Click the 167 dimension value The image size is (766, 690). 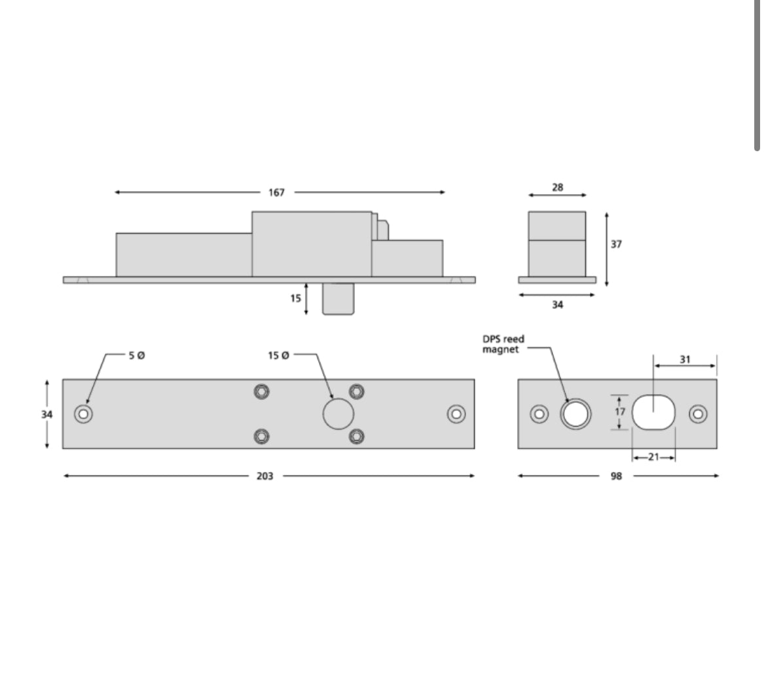[276, 192]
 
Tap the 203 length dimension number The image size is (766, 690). [264, 476]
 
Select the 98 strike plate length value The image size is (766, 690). [616, 476]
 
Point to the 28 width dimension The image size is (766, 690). [557, 187]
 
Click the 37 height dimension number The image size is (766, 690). [616, 244]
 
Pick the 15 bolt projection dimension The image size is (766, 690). [296, 298]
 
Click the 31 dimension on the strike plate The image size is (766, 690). [685, 359]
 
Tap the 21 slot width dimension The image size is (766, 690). [653, 457]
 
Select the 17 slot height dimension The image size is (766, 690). [620, 412]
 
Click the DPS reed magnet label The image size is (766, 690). [504, 344]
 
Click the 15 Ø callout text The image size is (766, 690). [278, 355]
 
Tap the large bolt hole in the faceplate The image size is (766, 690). [338, 414]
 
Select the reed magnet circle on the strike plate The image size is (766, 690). [575, 414]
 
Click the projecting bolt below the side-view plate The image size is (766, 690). [338, 299]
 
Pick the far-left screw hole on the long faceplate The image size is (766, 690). [83, 414]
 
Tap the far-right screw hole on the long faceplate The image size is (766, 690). [456, 414]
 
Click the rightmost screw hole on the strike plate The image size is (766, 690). [698, 414]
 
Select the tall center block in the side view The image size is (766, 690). [312, 244]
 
